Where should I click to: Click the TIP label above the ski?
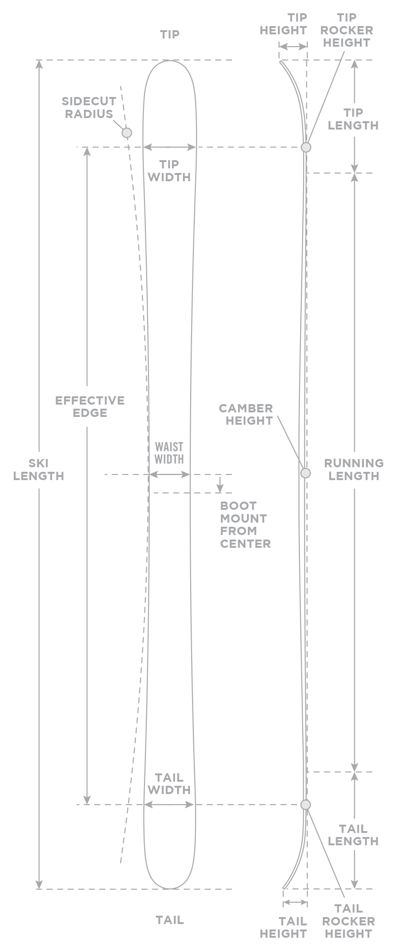point(170,34)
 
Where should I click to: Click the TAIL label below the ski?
point(170,920)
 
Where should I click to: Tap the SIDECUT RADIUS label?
point(89,108)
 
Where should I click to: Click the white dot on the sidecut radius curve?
point(127,133)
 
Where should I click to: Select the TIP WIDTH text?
point(169,171)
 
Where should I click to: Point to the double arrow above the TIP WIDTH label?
point(169,147)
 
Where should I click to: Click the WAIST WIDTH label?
point(169,453)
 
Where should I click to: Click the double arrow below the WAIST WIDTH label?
point(169,475)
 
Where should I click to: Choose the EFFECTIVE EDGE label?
point(90,406)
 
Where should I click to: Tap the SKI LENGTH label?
point(39,470)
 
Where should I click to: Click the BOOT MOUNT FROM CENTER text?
point(245,524)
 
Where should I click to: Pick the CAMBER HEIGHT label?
point(246,414)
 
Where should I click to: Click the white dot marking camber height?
point(305,473)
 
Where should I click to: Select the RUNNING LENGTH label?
point(353,470)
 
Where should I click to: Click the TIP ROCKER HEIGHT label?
point(347,30)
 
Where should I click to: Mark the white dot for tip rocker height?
point(306,147)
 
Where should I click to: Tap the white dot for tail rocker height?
point(306,805)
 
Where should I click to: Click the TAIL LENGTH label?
point(353,835)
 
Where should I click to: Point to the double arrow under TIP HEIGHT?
point(293,47)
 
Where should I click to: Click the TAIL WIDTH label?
point(169,783)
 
